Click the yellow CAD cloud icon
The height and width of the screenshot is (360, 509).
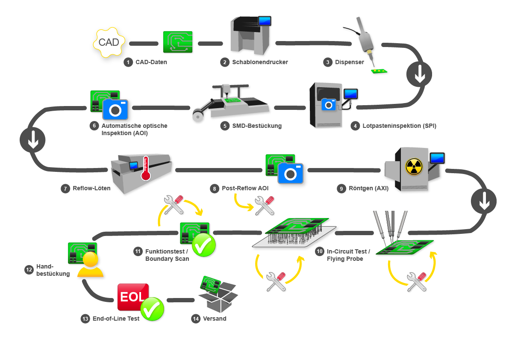pyautogui.click(x=109, y=42)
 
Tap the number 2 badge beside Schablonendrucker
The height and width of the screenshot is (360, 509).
pyautogui.click(x=225, y=62)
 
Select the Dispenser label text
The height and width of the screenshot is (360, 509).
pyautogui.click(x=349, y=62)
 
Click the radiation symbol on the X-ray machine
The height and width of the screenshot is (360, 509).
pyautogui.click(x=414, y=166)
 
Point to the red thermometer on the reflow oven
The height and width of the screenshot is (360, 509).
pyautogui.click(x=146, y=168)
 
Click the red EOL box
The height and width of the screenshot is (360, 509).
pyautogui.click(x=133, y=297)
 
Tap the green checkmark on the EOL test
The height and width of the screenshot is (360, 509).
pyautogui.click(x=152, y=309)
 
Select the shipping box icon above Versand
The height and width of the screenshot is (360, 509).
pyautogui.click(x=218, y=295)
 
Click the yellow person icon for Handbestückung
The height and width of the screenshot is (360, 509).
pyautogui.click(x=90, y=265)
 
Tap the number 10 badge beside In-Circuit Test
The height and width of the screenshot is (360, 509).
pyautogui.click(x=320, y=251)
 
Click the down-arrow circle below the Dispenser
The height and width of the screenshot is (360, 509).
pyautogui.click(x=419, y=74)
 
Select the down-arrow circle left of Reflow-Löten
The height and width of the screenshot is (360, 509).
pyautogui.click(x=32, y=140)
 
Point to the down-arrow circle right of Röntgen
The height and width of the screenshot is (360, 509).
pyautogui.click(x=484, y=201)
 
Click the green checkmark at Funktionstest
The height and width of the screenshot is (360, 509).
pyautogui.click(x=204, y=245)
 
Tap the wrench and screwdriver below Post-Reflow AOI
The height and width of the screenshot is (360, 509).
pyautogui.click(x=265, y=206)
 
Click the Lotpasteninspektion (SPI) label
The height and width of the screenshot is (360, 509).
pyautogui.click(x=399, y=126)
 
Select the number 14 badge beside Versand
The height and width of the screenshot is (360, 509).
pyautogui.click(x=196, y=319)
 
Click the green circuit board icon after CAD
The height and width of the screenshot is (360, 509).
pyautogui.click(x=178, y=42)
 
